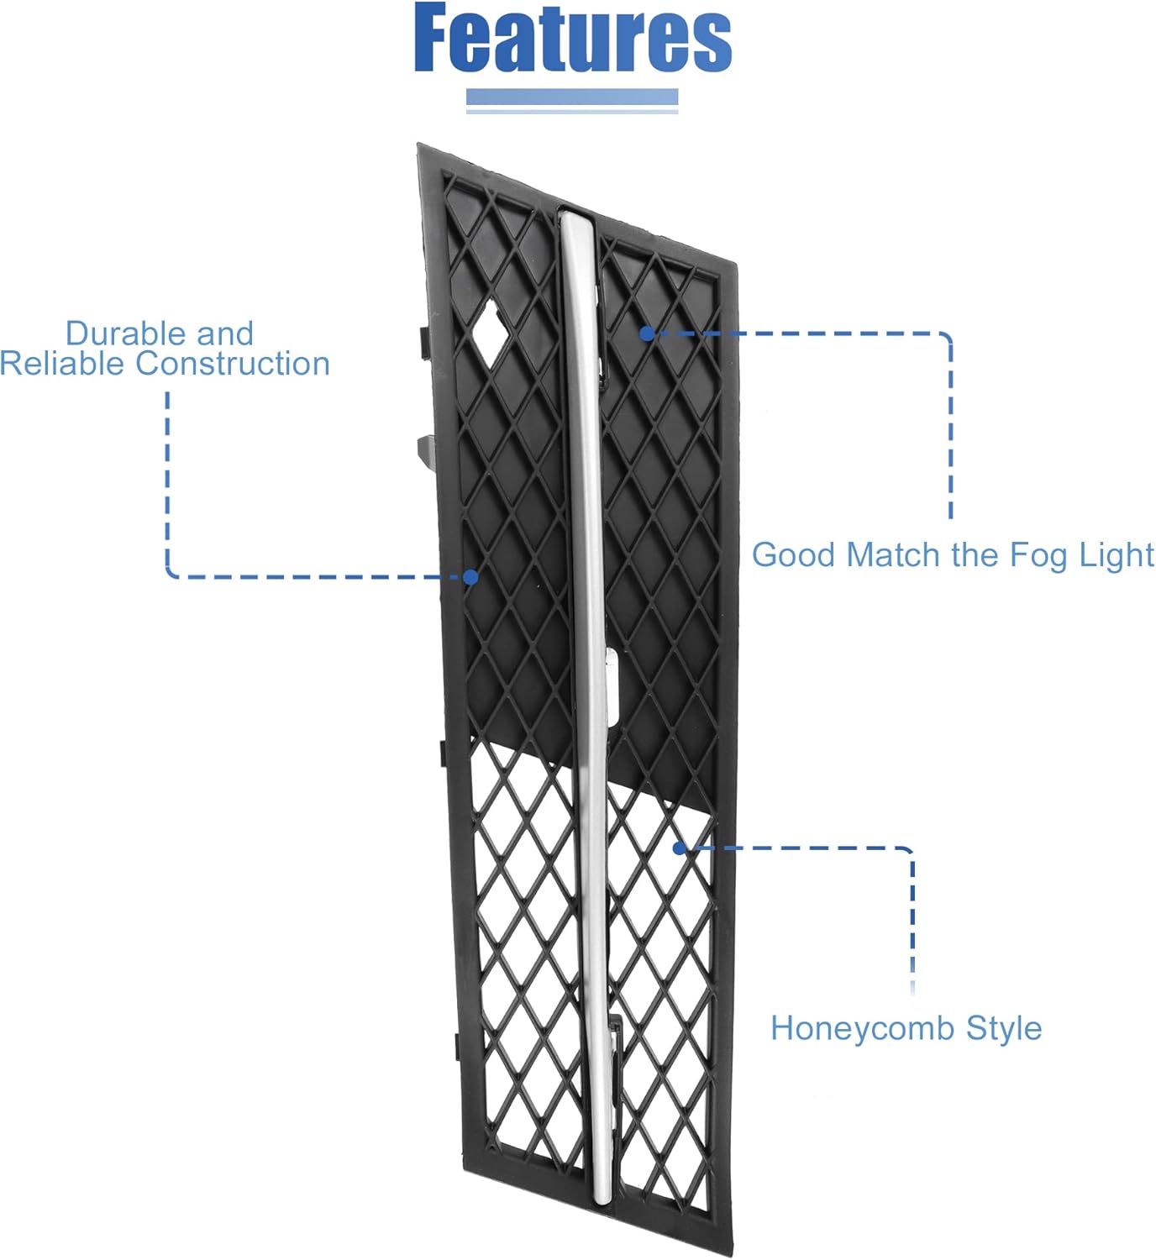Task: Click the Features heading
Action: point(573,39)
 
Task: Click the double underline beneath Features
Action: point(572,101)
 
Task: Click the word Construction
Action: point(233,364)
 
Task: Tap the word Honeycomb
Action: point(863,1028)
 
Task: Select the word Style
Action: point(1004,1028)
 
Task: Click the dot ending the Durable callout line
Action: point(470,577)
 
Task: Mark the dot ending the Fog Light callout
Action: point(646,333)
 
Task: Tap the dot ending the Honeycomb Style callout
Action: point(680,848)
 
